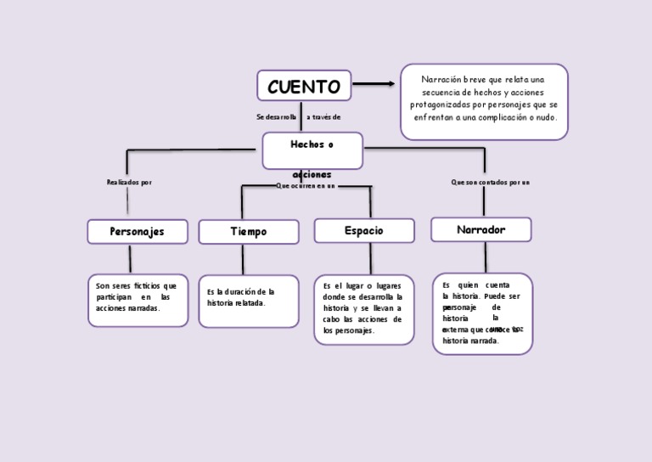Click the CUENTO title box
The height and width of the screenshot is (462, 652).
point(304,86)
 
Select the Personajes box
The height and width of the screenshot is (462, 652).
point(137,231)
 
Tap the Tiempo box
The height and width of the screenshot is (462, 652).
point(249,232)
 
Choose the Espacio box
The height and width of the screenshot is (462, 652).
point(364,230)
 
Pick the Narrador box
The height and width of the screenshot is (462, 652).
point(481,229)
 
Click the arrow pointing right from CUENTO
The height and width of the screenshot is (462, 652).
point(374,83)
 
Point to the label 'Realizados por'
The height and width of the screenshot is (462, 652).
point(129,182)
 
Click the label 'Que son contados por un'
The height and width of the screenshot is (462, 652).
point(491,182)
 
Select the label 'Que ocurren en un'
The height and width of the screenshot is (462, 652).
point(306,185)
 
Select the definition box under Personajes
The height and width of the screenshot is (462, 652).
point(137,300)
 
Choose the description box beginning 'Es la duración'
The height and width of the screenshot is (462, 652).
point(249,301)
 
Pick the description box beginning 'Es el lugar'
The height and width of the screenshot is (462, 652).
point(363,309)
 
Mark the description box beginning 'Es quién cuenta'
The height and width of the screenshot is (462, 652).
point(482,313)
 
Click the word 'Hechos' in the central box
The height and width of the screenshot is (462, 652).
point(306,144)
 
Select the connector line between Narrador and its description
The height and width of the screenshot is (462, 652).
point(486,257)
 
